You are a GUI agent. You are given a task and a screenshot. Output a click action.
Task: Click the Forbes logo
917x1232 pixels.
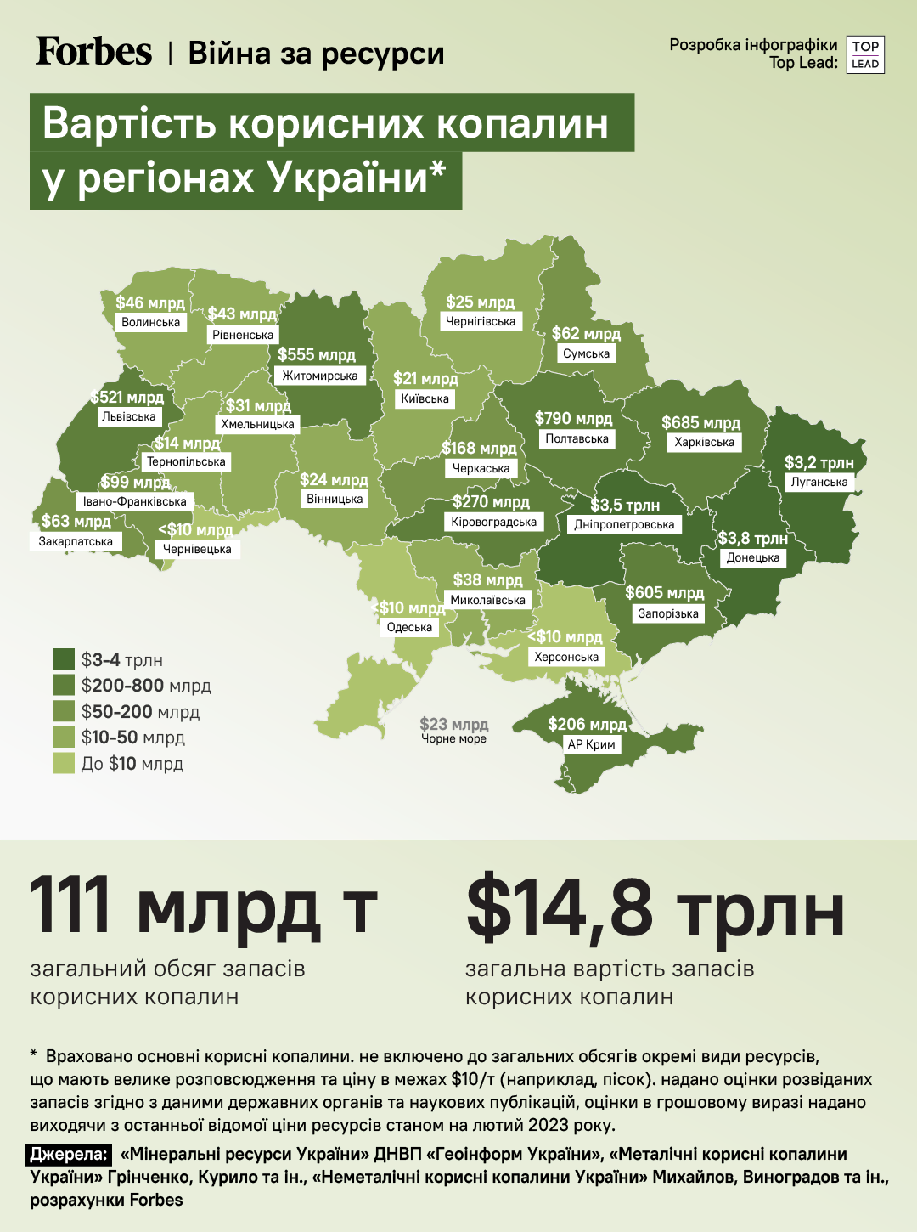click(x=93, y=52)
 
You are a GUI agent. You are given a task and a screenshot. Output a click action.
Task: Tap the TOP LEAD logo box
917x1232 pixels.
click(x=865, y=55)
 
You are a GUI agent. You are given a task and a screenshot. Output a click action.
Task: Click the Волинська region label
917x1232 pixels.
click(x=151, y=323)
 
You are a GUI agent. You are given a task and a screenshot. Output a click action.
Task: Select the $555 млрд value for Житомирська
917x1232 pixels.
click(x=317, y=355)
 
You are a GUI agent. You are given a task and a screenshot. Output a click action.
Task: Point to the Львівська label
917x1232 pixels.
click(x=129, y=417)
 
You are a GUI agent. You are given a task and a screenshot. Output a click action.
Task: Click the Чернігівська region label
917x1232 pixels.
click(x=481, y=322)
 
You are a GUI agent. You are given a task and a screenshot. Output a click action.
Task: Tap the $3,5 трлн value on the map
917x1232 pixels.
click(x=625, y=506)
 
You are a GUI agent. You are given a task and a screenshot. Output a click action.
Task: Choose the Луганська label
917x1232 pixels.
click(x=819, y=483)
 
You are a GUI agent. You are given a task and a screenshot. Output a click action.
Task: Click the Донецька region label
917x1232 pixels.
click(x=753, y=558)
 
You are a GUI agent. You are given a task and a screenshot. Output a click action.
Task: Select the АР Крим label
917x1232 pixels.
click(x=592, y=744)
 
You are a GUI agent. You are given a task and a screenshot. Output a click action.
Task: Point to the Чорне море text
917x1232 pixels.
click(x=454, y=739)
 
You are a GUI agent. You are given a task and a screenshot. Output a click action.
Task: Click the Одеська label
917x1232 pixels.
click(x=409, y=628)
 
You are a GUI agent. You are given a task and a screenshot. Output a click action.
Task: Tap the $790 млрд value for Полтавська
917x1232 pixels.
click(x=573, y=419)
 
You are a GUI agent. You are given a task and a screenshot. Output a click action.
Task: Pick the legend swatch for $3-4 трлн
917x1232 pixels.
click(x=65, y=659)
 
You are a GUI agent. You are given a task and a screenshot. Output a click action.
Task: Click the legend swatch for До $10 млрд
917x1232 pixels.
click(x=65, y=763)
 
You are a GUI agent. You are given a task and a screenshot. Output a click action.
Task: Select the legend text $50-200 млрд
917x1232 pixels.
click(x=140, y=712)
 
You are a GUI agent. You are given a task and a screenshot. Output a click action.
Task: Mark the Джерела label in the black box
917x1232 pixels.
click(x=70, y=1155)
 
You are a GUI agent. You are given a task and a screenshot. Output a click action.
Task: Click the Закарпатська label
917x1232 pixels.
click(x=76, y=542)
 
